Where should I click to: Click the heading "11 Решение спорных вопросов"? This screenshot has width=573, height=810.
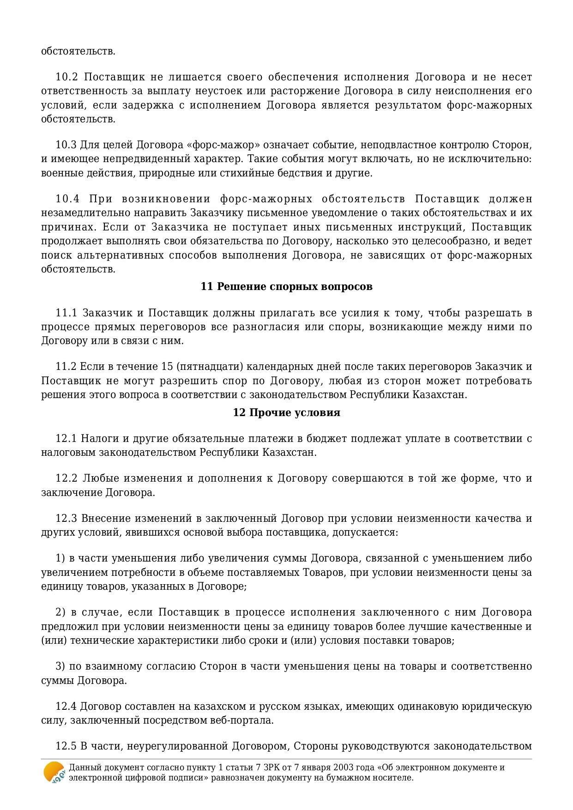click(286, 287)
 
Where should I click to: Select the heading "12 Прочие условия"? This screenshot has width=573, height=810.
click(286, 412)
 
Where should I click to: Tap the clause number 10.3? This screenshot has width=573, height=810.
click(66, 145)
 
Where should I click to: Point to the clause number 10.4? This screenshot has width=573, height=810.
click(67, 199)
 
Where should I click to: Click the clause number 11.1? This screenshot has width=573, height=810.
click(66, 313)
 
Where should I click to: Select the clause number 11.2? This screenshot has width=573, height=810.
click(66, 367)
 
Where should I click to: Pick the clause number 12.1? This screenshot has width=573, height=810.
click(66, 438)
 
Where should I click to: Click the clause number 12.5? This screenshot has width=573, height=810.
click(66, 746)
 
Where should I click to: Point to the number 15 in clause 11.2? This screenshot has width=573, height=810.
click(167, 367)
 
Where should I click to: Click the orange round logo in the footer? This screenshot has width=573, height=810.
click(54, 772)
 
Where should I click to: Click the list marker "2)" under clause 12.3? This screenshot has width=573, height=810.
click(61, 612)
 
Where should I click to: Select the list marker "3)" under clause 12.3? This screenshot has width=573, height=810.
click(60, 666)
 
